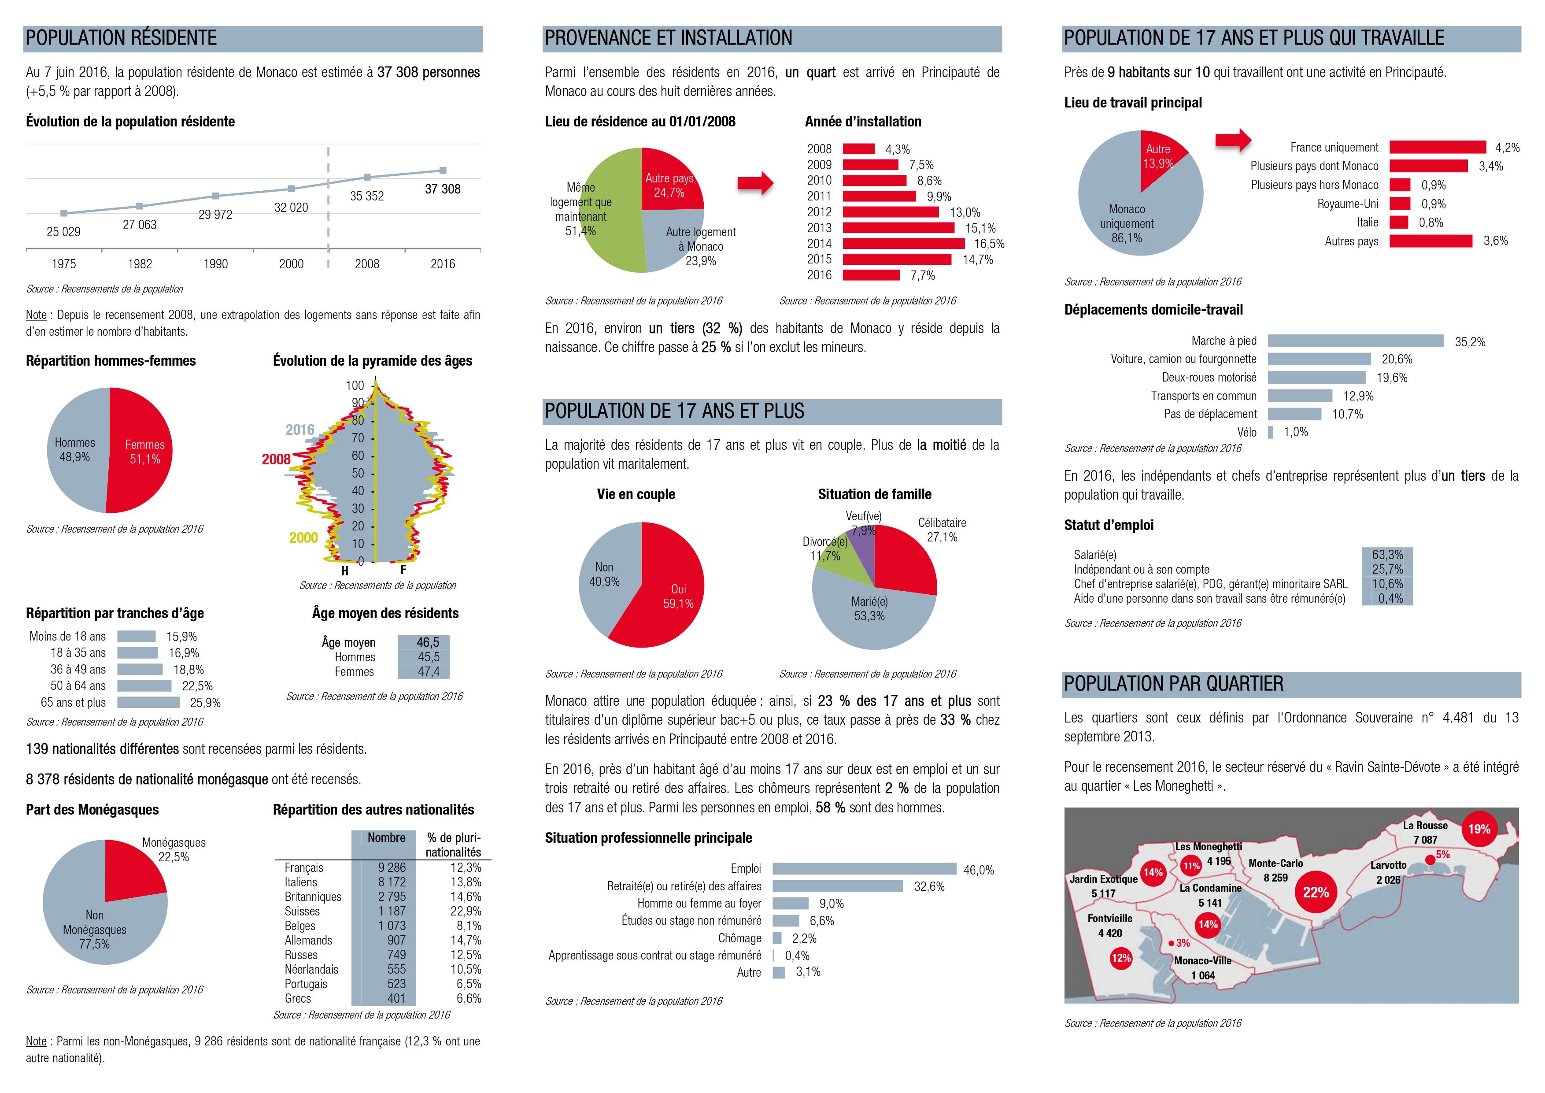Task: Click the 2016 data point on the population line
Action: [x=443, y=170]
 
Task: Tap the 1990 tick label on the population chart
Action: [x=215, y=264]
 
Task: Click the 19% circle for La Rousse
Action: [x=1478, y=829]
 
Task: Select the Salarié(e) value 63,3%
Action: [x=1387, y=555]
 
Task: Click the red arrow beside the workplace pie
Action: [x=1233, y=140]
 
